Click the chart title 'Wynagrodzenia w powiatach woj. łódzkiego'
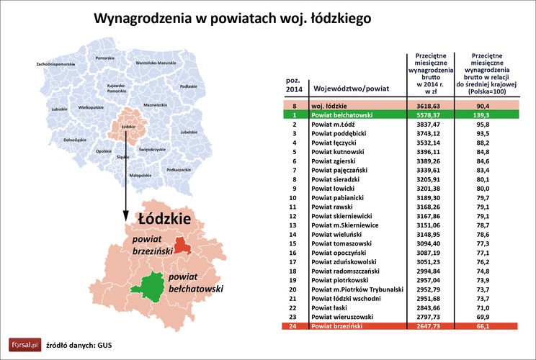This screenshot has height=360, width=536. [233, 17]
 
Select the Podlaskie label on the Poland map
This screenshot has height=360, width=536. [188, 86]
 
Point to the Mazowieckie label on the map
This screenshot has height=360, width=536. [156, 105]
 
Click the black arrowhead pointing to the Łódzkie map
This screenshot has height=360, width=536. [126, 217]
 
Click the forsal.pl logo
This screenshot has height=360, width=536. [23, 344]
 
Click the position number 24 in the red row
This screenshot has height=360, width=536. [293, 326]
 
